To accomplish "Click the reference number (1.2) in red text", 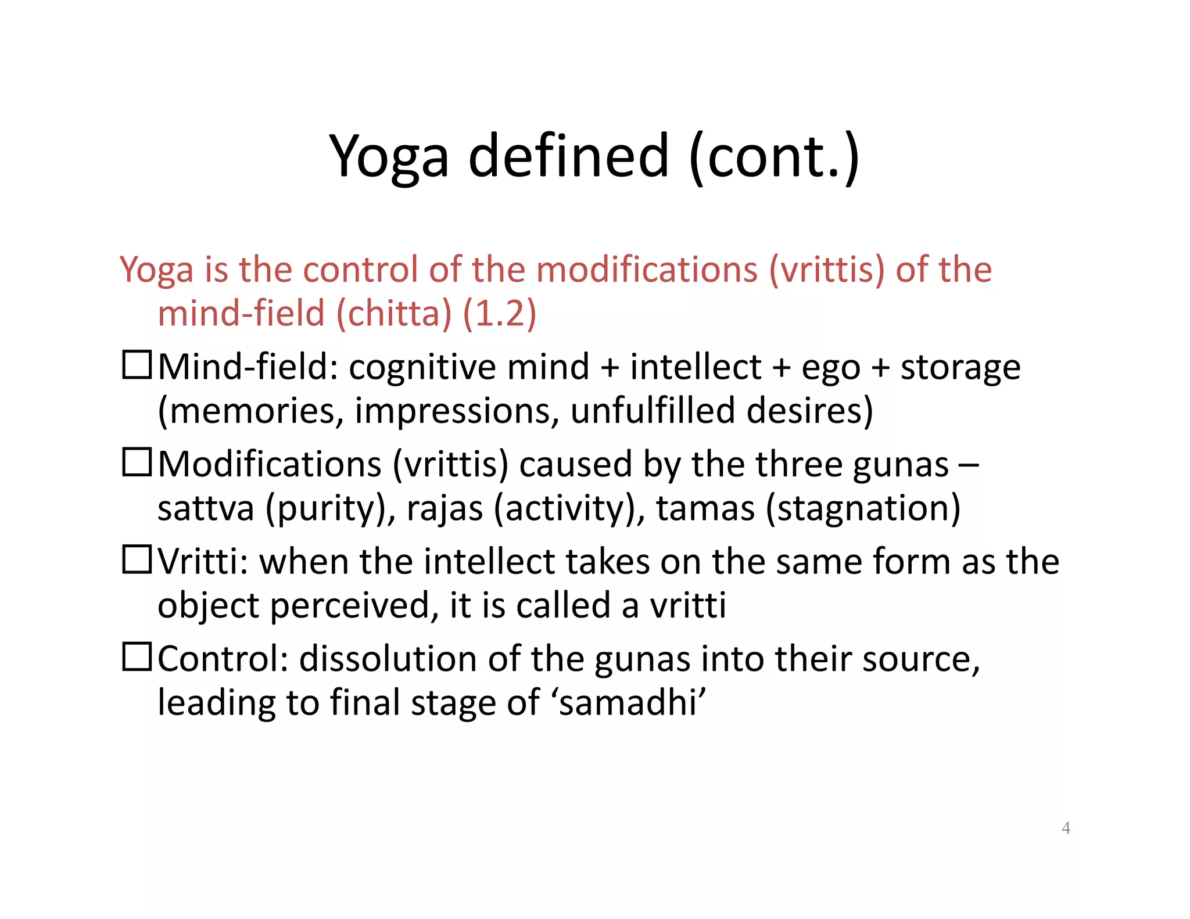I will pos(499,314).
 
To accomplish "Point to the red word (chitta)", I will pos(393,314).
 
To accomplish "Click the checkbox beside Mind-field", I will pos(137,365).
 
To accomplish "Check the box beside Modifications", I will pos(137,463).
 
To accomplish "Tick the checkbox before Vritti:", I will pos(137,560).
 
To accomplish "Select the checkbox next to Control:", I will pos(137,658).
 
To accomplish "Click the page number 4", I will pos(1066,828).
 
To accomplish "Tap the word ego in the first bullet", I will pos(830,368).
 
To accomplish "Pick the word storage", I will pos(960,368).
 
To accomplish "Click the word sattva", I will pos(206,508).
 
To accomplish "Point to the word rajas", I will pos(445,508).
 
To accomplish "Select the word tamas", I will pos(705,508).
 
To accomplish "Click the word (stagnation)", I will pos(863,508).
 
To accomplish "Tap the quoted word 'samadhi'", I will pos(631,703).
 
